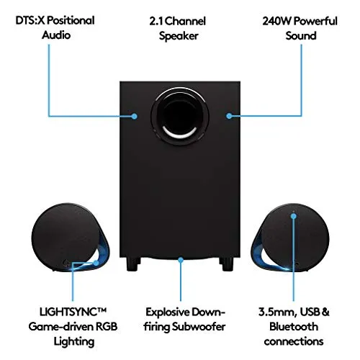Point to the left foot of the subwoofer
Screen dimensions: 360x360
point(132,264)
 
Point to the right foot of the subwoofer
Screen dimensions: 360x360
point(229,264)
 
